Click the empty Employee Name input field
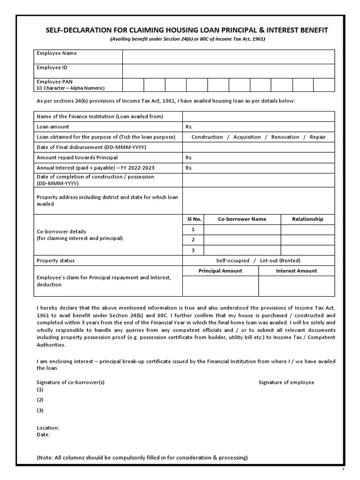click(228, 57)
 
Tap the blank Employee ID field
click(228, 71)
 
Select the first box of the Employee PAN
click(133, 85)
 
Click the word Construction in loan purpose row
click(207, 137)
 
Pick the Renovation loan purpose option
click(285, 137)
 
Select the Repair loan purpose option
click(317, 137)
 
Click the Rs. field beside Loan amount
click(258, 127)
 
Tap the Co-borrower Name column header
click(242, 219)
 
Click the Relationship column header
click(307, 219)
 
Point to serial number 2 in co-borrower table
click(193, 240)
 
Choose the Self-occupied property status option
click(232, 261)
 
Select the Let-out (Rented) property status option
click(280, 261)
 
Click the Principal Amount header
click(220, 271)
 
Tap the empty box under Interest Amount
click(296, 286)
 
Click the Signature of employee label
click(286, 382)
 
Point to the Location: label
click(48, 428)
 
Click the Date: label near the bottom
click(43, 435)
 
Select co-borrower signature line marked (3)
click(40, 411)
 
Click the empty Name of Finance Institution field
click(258, 116)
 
